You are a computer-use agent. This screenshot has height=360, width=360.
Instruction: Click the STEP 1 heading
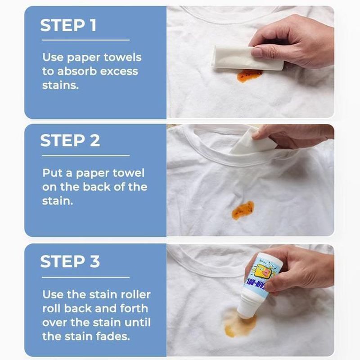(68, 26)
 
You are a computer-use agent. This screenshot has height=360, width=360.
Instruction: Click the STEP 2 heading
(70, 141)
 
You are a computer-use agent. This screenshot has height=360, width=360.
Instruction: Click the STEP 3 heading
(70, 261)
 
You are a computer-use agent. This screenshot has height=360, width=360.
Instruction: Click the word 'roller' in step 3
(135, 295)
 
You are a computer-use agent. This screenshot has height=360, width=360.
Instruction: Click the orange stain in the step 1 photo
(249, 75)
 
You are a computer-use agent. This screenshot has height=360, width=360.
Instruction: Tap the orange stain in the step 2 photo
(243, 209)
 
